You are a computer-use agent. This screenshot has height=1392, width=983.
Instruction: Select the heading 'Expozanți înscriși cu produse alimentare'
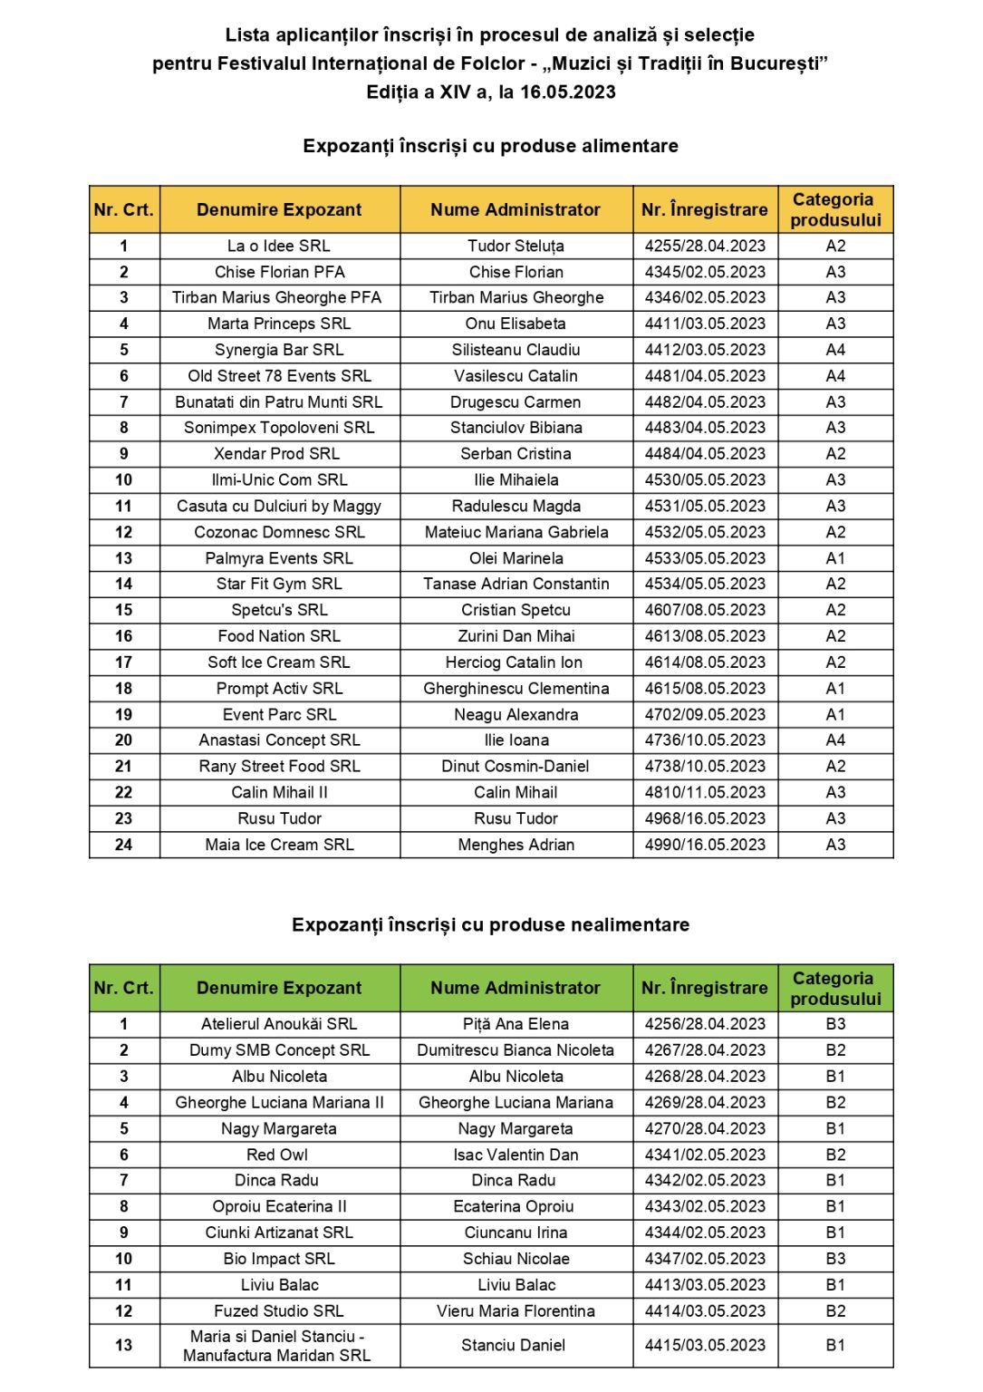(490, 146)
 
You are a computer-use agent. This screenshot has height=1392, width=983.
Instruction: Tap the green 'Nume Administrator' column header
(516, 988)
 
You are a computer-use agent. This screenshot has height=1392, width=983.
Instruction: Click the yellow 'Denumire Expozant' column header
(279, 209)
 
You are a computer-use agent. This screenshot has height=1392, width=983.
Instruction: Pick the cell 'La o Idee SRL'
(279, 246)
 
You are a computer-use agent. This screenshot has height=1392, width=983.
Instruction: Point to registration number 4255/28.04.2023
(705, 246)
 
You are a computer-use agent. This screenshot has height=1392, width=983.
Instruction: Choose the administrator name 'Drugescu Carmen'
(516, 402)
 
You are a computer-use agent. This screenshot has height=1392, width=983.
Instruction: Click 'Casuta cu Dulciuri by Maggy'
(279, 507)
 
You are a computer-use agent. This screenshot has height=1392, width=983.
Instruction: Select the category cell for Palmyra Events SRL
(835, 558)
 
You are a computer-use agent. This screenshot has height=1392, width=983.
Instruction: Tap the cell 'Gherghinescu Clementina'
(516, 689)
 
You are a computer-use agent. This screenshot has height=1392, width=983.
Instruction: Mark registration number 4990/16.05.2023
(705, 845)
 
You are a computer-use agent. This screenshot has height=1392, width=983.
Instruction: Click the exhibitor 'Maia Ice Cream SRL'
(279, 845)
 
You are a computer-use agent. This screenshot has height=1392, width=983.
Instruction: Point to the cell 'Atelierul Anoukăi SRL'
(279, 1024)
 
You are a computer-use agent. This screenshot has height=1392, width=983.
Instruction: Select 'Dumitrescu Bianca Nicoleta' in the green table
(516, 1050)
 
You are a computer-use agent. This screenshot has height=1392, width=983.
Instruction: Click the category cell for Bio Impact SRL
(835, 1259)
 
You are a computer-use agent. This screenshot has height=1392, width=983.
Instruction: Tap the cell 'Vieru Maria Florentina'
(516, 1311)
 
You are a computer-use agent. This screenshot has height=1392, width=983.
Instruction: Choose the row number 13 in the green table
(124, 1346)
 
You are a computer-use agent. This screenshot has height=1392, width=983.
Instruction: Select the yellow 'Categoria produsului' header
(834, 209)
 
